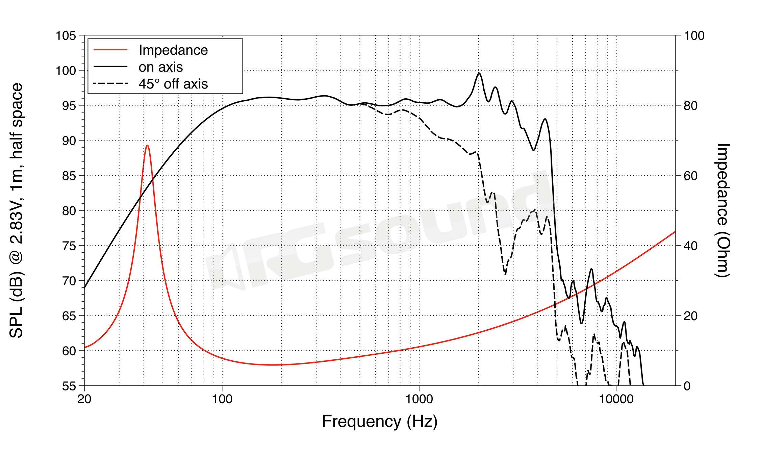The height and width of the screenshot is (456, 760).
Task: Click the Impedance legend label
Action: click(173, 50)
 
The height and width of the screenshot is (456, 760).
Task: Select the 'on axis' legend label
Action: click(160, 67)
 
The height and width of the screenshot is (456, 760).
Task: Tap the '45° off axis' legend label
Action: click(173, 84)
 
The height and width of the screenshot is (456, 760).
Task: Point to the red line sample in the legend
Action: click(110, 50)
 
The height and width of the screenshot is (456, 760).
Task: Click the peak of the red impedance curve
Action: click(147, 146)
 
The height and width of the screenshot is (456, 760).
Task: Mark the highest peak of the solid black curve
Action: click(479, 73)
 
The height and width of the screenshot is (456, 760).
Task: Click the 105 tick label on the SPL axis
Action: click(66, 35)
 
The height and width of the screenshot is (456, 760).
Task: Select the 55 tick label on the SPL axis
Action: click(69, 386)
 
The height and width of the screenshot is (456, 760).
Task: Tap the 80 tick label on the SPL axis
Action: click(69, 211)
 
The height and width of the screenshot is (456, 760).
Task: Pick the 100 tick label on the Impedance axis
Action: click(694, 35)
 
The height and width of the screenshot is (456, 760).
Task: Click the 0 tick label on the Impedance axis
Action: click(687, 386)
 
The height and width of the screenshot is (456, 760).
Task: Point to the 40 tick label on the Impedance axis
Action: click(690, 246)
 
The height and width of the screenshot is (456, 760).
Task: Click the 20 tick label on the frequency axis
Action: click(84, 399)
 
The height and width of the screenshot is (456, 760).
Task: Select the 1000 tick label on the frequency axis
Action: click(419, 399)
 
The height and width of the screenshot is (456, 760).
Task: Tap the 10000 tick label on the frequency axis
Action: click(616, 399)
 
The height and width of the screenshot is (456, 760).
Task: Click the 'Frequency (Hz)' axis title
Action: click(380, 422)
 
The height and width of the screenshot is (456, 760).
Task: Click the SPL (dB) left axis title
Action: click(16, 210)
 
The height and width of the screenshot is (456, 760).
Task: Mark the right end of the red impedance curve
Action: click(675, 231)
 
